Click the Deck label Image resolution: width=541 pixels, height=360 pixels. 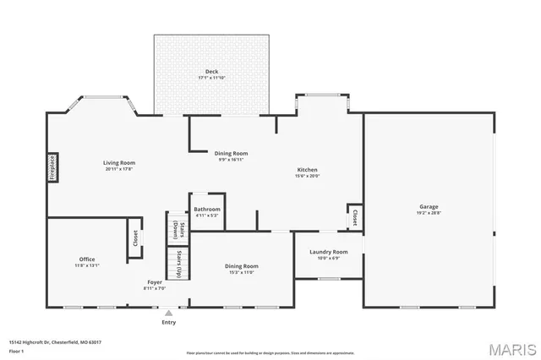point(211,72)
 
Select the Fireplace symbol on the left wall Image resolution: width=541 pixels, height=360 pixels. point(52,167)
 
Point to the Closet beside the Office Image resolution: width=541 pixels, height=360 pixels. point(134,238)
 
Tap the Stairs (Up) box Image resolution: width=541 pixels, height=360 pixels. point(178,264)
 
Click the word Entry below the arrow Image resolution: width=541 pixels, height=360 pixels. point(169,322)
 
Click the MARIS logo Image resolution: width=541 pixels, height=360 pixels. point(508,349)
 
